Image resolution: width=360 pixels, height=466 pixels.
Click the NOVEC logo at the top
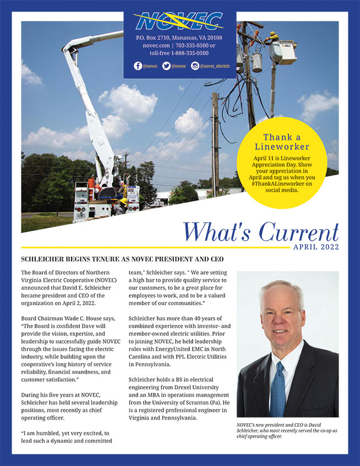coord(179,22)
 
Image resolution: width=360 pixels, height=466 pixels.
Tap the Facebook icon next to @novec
coord(138,66)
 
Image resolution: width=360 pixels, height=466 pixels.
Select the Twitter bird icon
coord(166,66)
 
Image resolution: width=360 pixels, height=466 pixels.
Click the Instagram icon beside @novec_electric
coord(195,66)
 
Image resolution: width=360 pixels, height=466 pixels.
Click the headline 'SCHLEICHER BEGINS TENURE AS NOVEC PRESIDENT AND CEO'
coord(122,259)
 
